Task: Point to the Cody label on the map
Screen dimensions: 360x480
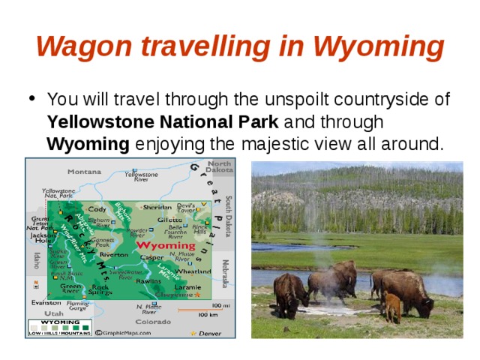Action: click(98, 209)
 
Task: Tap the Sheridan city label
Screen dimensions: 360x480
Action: click(157, 207)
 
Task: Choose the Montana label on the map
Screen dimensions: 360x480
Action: click(84, 172)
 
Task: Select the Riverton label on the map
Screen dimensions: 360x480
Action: click(114, 255)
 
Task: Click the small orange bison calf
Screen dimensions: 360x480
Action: click(391, 307)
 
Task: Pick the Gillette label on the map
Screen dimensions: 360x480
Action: click(169, 220)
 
